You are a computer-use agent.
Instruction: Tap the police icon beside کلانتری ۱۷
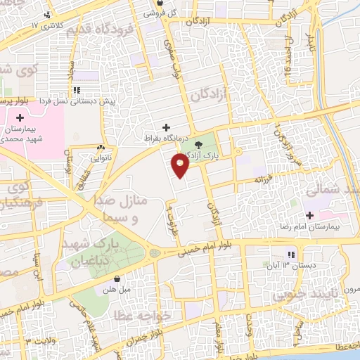(47, 15)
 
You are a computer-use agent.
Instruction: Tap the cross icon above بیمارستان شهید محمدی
(20, 117)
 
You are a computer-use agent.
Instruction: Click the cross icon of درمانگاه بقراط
(166, 127)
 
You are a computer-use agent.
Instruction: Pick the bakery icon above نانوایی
(102, 148)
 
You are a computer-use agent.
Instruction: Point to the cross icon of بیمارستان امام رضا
(309, 213)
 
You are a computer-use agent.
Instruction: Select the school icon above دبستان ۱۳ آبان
(288, 256)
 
